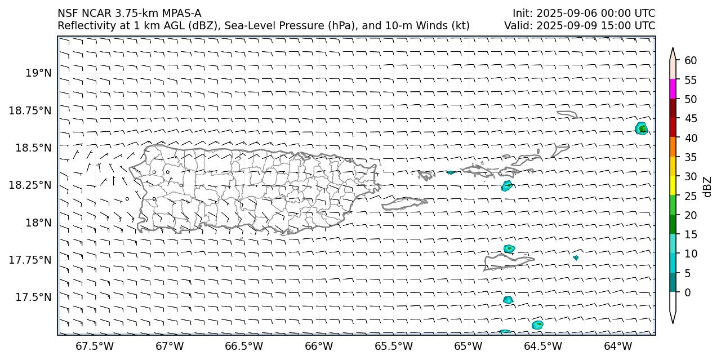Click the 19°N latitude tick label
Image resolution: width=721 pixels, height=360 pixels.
pyautogui.click(x=38, y=73)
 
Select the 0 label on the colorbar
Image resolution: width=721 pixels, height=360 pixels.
pyautogui.click(x=686, y=292)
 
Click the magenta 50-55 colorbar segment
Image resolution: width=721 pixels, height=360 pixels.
pyautogui.click(x=673, y=89)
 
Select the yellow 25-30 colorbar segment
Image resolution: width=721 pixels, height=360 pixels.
pyautogui.click(x=673, y=186)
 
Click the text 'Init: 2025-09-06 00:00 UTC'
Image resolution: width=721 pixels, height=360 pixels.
pyautogui.click(x=584, y=13)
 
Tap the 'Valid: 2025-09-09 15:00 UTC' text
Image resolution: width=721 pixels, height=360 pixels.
pyautogui.click(x=580, y=25)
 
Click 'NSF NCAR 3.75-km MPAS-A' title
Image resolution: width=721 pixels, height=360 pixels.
pyautogui.click(x=129, y=13)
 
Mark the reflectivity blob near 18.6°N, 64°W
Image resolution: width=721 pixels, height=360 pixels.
pyautogui.click(x=641, y=128)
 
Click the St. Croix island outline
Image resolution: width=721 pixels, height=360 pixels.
pyautogui.click(x=507, y=262)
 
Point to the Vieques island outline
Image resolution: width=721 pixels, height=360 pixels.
pyautogui.click(x=404, y=203)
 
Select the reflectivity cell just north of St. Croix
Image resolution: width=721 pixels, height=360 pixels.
pyautogui.click(x=509, y=248)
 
